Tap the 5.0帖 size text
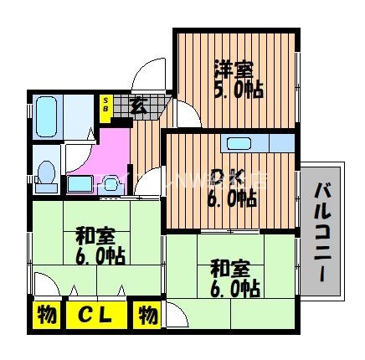click(x=238, y=89)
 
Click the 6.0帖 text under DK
click(x=231, y=198)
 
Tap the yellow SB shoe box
click(x=106, y=108)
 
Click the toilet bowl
click(x=46, y=175)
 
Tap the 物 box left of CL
click(x=47, y=316)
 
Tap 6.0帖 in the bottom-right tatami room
click(x=234, y=289)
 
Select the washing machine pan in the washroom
click(x=80, y=184)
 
